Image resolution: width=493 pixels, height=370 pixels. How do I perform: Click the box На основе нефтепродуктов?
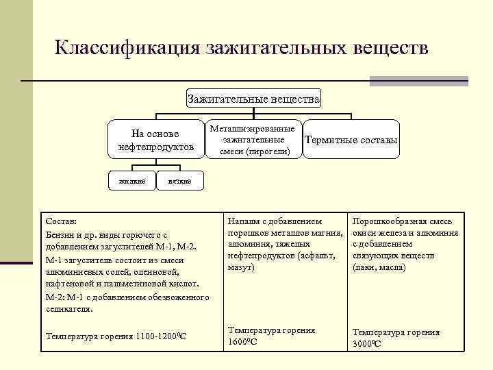click(155, 140)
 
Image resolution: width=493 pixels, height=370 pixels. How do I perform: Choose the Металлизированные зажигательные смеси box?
click(253, 140)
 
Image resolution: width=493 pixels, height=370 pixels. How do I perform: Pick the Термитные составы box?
click(351, 140)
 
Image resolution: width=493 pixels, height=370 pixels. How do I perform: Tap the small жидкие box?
click(131, 181)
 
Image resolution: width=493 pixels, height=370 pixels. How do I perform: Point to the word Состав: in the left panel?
click(61, 223)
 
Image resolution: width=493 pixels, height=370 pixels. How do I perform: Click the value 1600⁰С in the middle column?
click(242, 342)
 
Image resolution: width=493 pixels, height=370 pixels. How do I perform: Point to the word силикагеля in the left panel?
click(68, 309)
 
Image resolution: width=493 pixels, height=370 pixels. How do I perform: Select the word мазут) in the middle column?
click(241, 267)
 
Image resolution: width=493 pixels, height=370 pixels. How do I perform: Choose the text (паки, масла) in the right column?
click(379, 267)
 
